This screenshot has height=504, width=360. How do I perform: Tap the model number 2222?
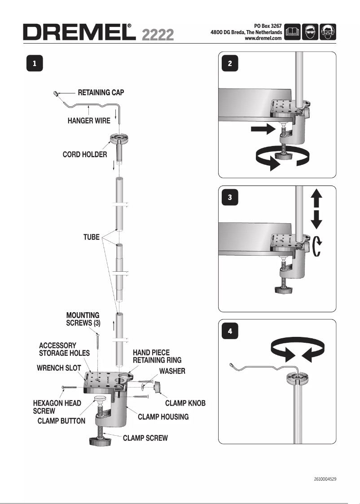(158, 35)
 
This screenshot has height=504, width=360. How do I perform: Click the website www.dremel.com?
(263, 39)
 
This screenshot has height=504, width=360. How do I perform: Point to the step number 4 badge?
(230, 332)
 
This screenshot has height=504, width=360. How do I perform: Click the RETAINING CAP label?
(101, 93)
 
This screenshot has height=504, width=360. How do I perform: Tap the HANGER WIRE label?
(89, 121)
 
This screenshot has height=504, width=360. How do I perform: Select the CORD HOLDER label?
(85, 155)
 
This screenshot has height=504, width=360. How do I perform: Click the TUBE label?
(92, 237)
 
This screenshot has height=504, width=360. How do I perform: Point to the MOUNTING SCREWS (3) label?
(83, 319)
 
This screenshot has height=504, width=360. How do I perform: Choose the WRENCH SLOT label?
(59, 368)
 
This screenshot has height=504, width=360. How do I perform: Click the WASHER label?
(172, 371)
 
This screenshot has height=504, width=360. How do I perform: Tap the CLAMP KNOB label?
(185, 403)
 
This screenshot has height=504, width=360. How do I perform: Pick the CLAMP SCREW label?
(145, 438)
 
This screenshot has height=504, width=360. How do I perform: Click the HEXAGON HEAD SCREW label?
(57, 407)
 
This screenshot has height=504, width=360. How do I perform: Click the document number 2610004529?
(325, 479)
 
